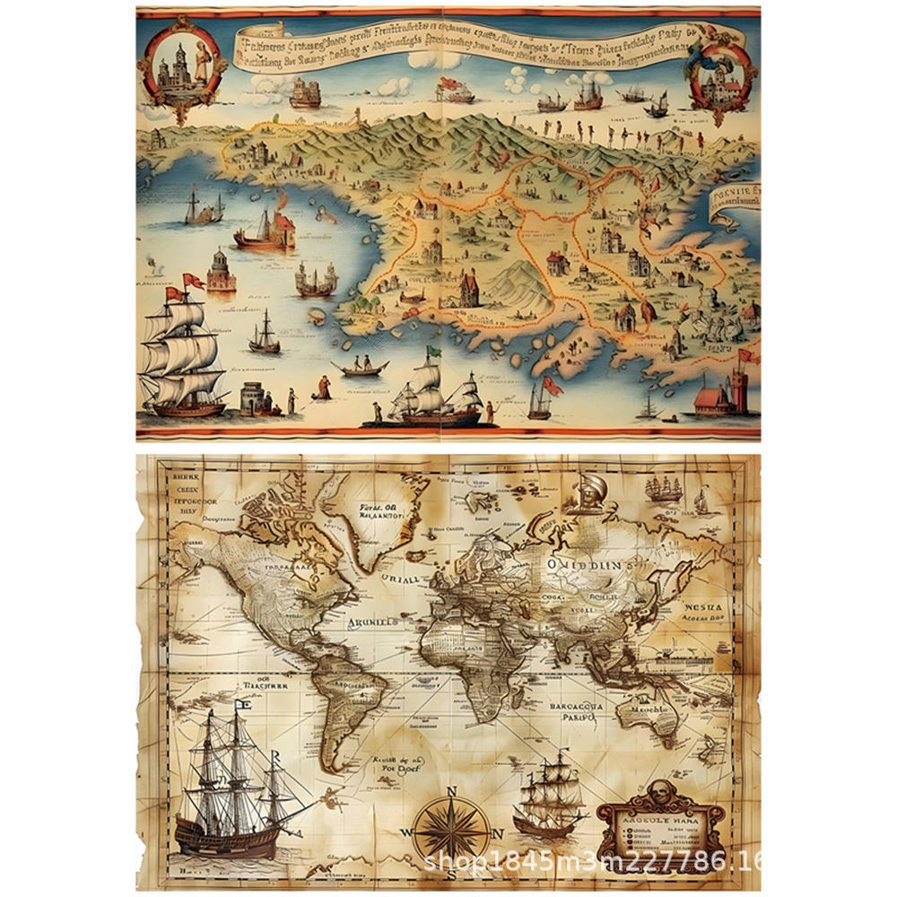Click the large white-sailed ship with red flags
pyautogui.click(x=184, y=354)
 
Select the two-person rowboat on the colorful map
pyautogui.click(x=361, y=366)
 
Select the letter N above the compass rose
pyautogui.click(x=452, y=790)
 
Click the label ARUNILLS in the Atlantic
pyautogui.click(x=374, y=619)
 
